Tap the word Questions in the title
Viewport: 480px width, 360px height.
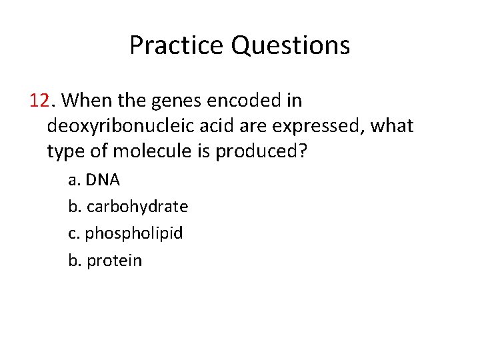[x=290, y=46]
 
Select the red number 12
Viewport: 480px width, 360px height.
[x=40, y=101]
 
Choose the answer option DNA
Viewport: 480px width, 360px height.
[x=103, y=180]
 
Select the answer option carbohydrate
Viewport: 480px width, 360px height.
[x=137, y=207]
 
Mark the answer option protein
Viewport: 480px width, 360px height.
[x=115, y=260]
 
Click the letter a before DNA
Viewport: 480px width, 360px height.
[x=73, y=180]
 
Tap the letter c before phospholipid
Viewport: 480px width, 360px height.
[x=73, y=233]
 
